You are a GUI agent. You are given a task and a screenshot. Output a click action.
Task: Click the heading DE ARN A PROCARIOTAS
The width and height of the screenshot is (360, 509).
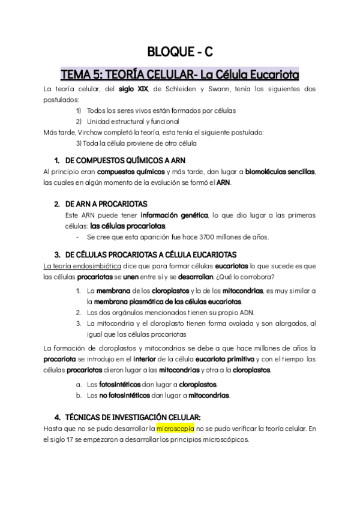click(106, 204)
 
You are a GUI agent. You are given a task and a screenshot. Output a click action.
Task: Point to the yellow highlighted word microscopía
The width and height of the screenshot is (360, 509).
click(174, 428)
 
